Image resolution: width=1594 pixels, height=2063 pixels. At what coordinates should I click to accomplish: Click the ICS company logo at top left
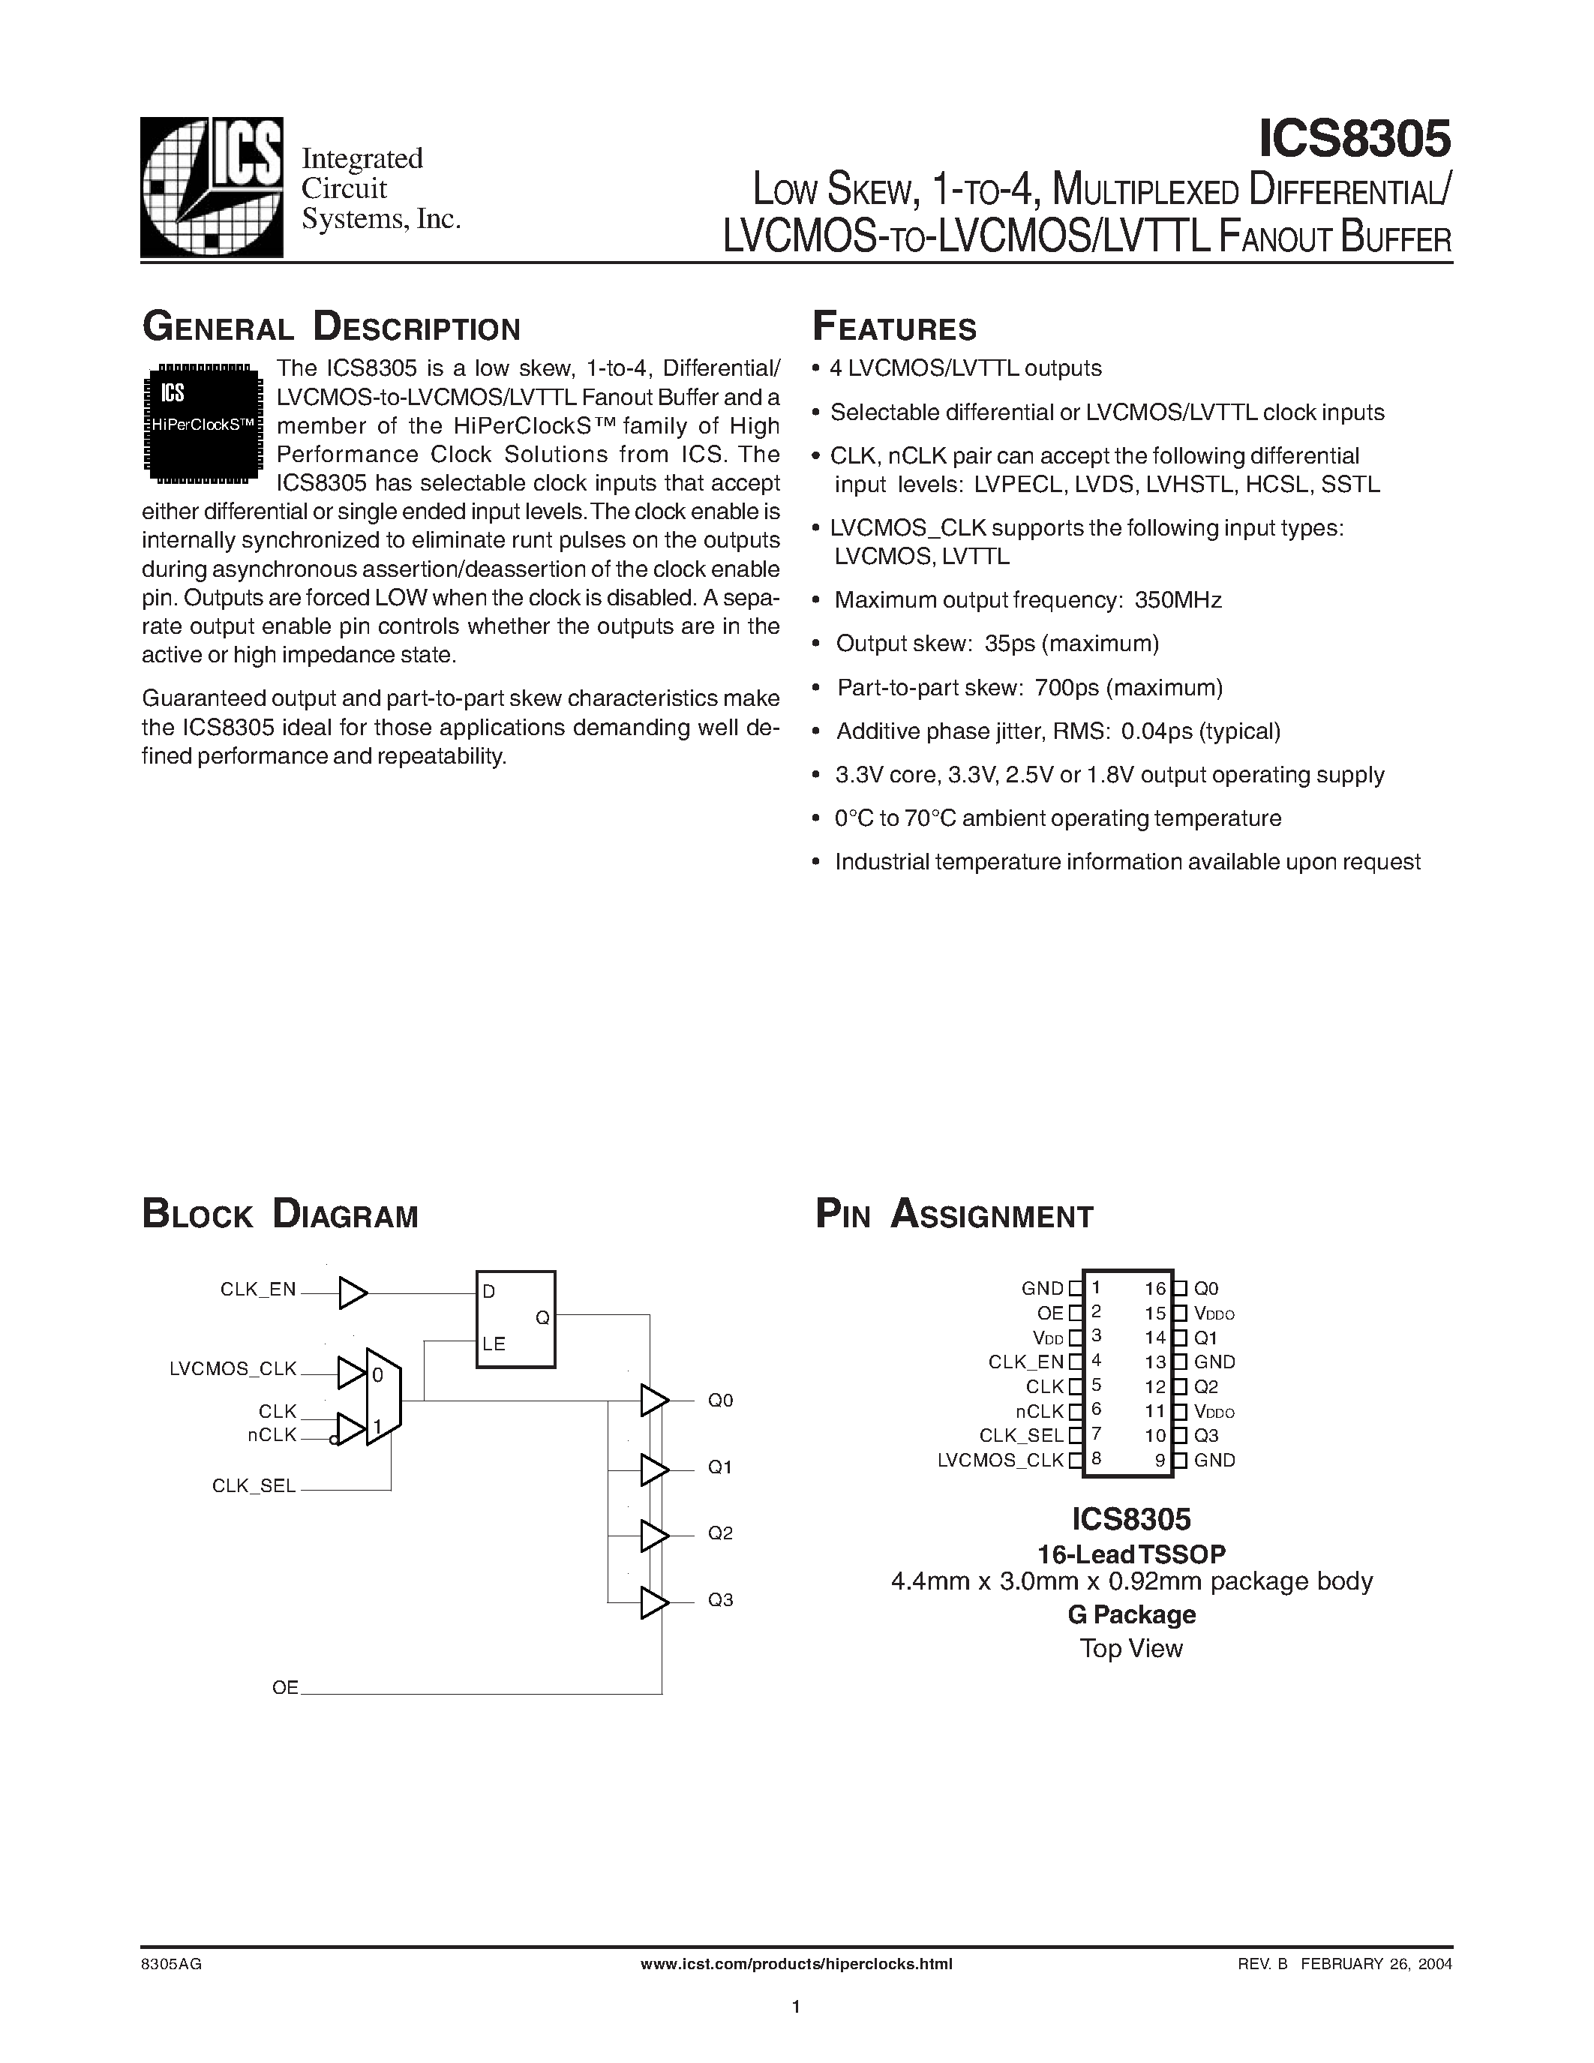pos(212,186)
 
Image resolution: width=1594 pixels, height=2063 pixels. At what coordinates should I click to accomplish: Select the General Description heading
pos(331,328)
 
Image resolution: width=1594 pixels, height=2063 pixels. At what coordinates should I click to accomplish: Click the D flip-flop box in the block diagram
pos(515,1319)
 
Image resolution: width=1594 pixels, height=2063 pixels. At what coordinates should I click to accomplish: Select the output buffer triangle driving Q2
pos(653,1536)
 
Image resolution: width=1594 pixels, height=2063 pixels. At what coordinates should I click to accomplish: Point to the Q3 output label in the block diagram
pos(721,1600)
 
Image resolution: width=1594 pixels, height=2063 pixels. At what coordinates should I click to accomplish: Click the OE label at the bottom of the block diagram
pos(285,1687)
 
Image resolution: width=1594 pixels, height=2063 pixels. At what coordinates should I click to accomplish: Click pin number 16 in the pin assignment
pos(1155,1288)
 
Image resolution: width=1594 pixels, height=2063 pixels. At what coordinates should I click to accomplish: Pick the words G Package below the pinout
pos(1131,1615)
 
